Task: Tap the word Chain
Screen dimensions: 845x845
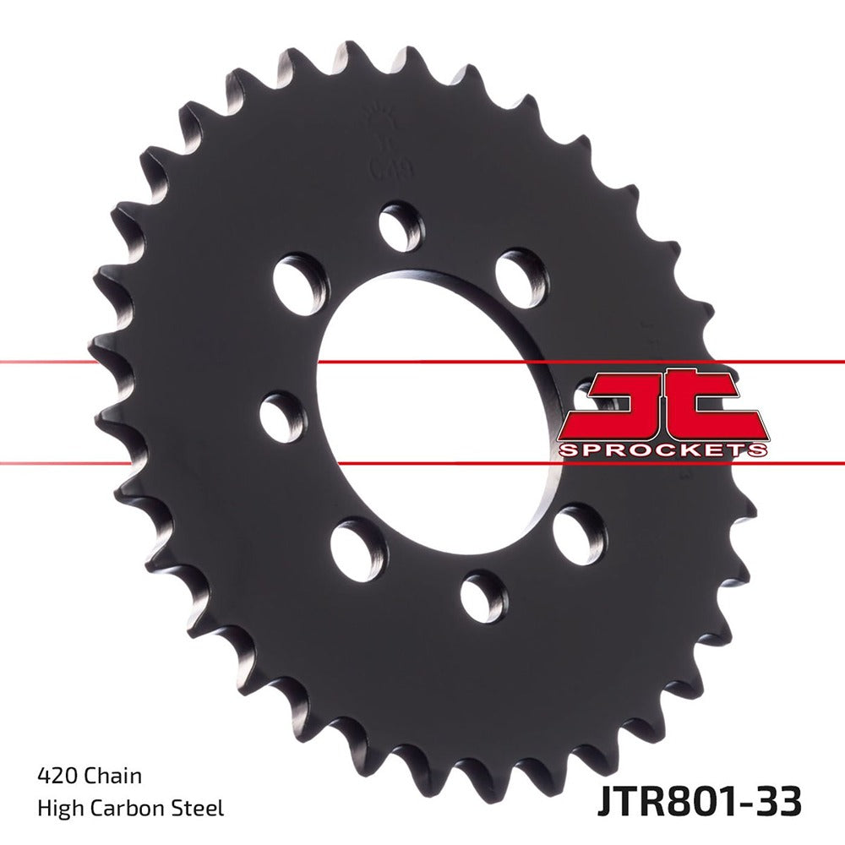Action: [112, 775]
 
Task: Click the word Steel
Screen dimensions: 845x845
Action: [200, 808]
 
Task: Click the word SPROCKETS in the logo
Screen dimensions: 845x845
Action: [662, 449]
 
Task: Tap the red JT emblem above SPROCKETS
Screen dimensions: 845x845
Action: [662, 403]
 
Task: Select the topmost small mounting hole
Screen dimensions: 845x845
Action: [400, 226]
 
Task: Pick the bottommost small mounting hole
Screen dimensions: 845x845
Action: [484, 597]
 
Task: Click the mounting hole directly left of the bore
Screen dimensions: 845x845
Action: [282, 417]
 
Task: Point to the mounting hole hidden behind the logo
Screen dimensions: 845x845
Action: [591, 397]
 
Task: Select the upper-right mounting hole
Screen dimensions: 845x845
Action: [521, 271]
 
